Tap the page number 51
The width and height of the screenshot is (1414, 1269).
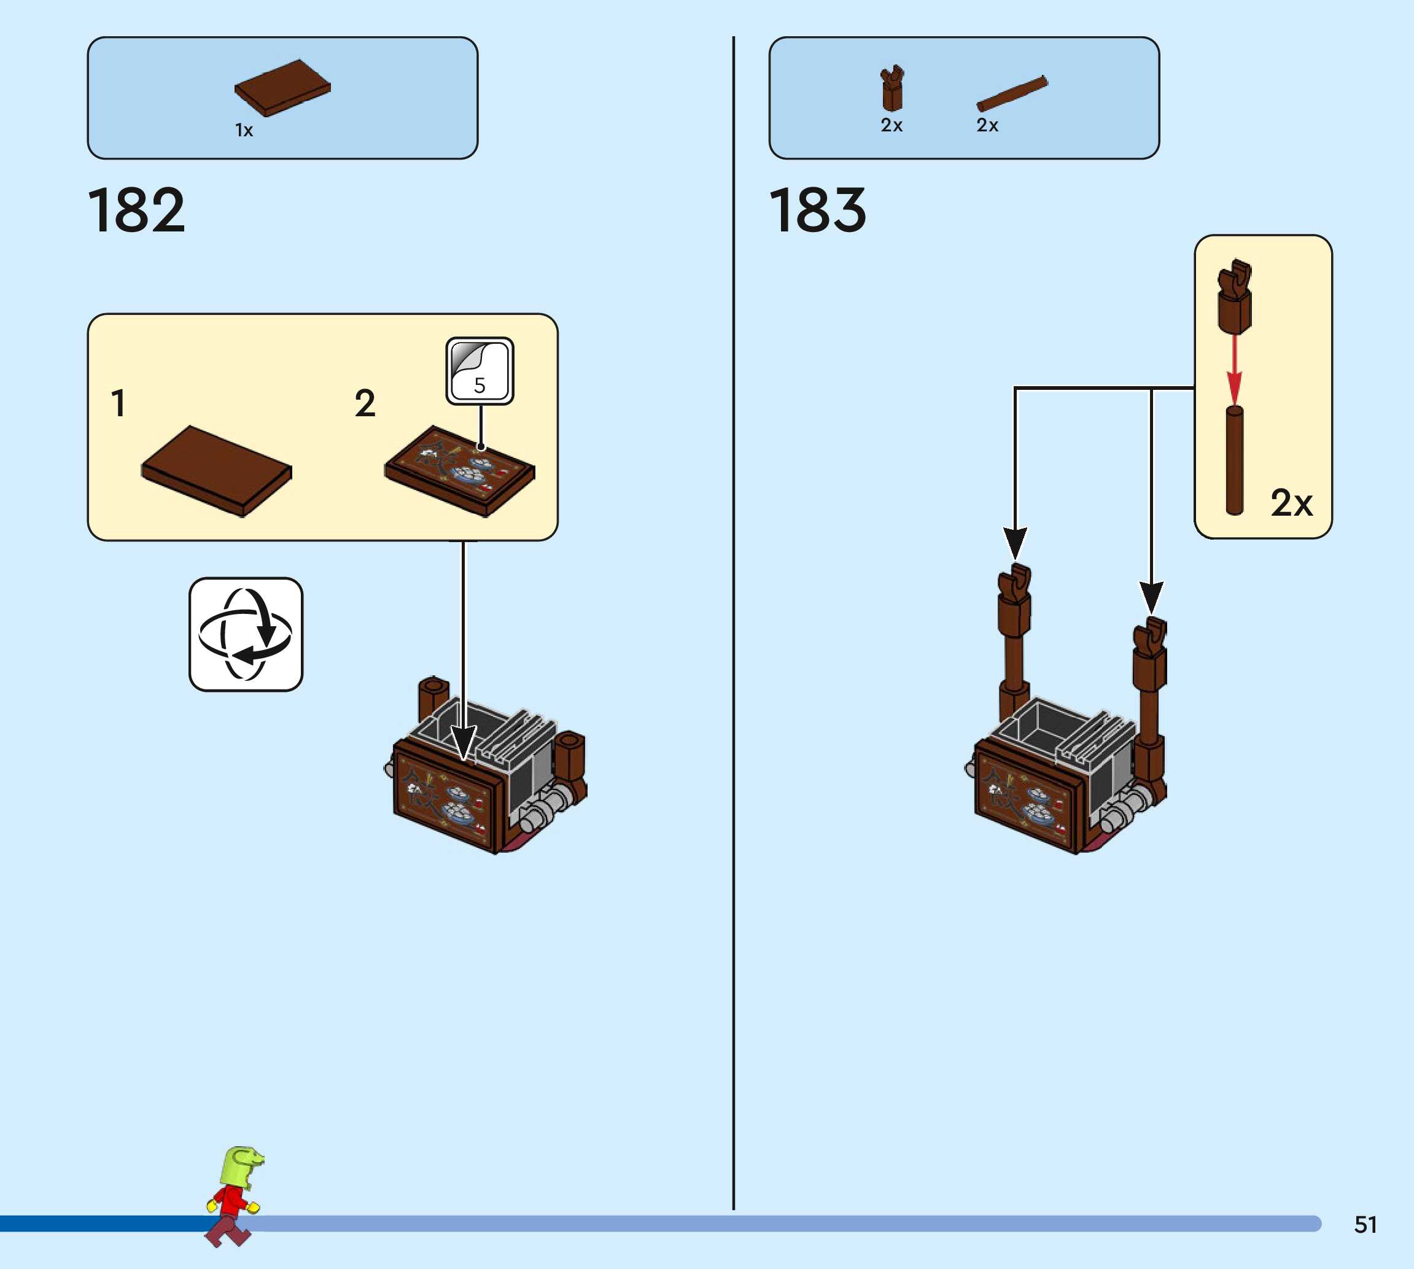tap(1365, 1224)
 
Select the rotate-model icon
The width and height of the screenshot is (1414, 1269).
tap(246, 634)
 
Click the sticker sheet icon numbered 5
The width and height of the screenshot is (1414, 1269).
tap(480, 371)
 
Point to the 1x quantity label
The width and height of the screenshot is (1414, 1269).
tap(244, 130)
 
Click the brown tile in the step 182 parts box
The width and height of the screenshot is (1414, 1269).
tap(282, 87)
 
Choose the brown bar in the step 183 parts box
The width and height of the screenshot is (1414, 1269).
tap(1012, 93)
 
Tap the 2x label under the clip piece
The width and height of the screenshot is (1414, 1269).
tap(892, 125)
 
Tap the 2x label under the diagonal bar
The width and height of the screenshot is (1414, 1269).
tap(987, 125)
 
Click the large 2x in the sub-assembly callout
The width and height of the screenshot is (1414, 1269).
tap(1291, 503)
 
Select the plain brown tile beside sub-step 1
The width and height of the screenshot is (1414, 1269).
tap(216, 471)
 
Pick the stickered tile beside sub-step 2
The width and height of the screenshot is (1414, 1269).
tap(459, 471)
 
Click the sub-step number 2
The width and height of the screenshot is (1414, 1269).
tap(365, 404)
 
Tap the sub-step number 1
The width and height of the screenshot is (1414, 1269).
tap(118, 404)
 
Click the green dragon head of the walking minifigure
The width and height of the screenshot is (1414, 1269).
tap(241, 1166)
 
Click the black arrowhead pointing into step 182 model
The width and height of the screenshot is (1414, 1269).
tap(463, 743)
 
